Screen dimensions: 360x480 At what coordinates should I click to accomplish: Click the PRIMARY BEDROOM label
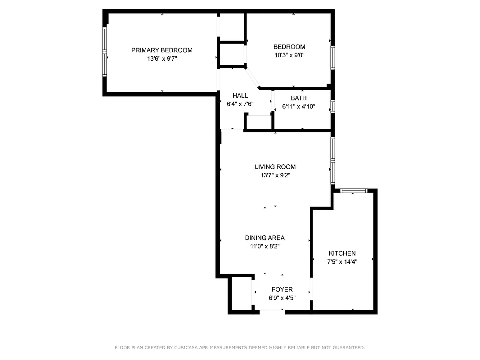coord(161,50)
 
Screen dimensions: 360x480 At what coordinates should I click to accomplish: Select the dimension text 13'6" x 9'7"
coord(161,58)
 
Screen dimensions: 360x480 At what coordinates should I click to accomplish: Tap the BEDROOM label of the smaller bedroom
coord(289,47)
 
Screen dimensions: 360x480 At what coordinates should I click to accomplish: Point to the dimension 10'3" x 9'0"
coord(289,55)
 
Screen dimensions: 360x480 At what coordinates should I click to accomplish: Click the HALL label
coord(240,95)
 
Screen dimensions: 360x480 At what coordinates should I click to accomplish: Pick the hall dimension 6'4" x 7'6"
coord(240,104)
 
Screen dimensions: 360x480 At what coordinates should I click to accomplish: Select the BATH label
coord(298,98)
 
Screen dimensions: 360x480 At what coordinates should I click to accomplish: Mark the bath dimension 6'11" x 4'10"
coord(298,107)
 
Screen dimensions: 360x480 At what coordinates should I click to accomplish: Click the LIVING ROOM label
coord(275,167)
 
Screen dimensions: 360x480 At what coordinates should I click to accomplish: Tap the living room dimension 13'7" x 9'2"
coord(275,175)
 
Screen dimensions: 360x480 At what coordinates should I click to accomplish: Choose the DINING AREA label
coord(265,238)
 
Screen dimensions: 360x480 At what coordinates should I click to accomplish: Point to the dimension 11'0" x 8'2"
coord(265,246)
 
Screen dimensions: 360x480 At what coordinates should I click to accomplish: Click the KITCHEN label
coord(342,253)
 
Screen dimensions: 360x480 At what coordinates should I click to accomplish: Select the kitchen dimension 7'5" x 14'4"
coord(342,262)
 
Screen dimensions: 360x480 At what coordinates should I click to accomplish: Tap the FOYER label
coord(282,289)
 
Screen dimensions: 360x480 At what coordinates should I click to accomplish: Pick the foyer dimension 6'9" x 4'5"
coord(282,298)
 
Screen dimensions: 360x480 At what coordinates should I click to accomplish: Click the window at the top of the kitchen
coord(354,191)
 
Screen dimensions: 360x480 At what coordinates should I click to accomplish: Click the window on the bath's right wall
coord(332,107)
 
